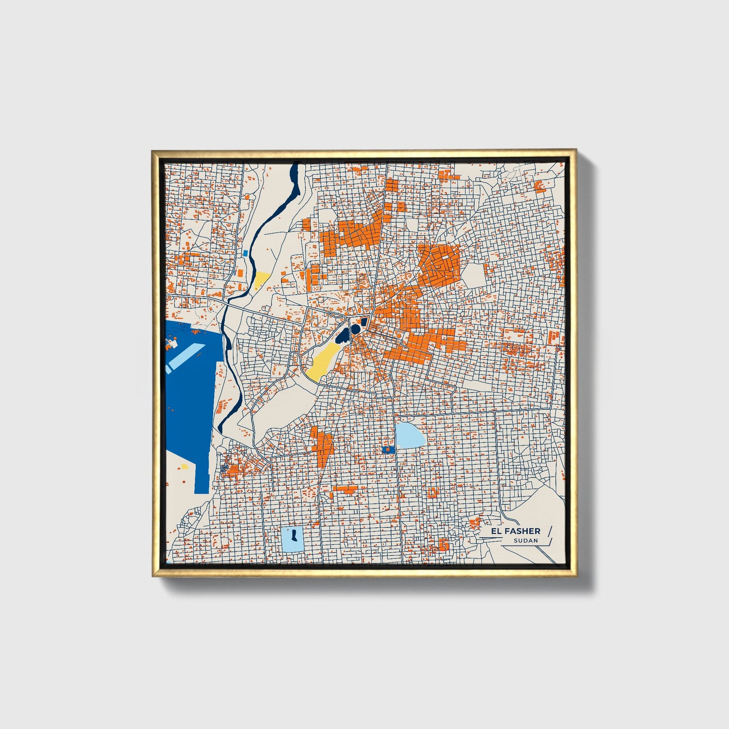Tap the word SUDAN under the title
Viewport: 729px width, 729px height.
click(x=526, y=540)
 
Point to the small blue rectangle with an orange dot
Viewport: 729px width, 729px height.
click(x=387, y=448)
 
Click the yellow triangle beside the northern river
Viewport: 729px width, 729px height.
click(x=261, y=279)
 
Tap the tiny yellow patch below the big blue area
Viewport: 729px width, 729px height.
click(x=185, y=467)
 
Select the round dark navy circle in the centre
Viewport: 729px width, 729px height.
click(x=356, y=329)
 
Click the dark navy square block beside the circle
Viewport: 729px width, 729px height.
click(x=363, y=322)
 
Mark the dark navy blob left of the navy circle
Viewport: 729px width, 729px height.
click(x=345, y=334)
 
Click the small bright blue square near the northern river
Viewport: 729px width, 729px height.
click(x=246, y=253)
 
